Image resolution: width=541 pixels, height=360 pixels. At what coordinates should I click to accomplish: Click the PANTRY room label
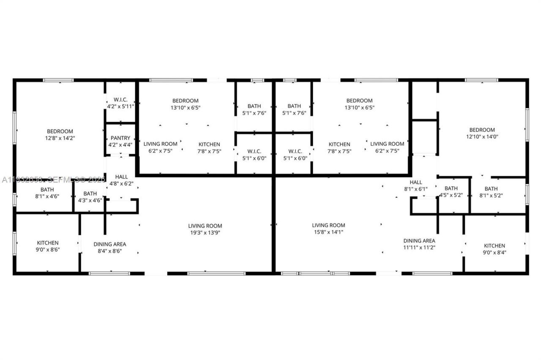click(x=120, y=138)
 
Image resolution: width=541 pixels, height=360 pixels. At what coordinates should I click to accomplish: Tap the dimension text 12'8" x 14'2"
click(x=60, y=138)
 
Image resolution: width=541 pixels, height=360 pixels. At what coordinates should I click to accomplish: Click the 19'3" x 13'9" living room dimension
click(x=205, y=232)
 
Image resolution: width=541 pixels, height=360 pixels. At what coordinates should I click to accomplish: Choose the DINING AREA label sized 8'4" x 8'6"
click(x=110, y=244)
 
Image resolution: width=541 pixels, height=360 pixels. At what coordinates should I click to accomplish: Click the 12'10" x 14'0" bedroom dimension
click(x=482, y=137)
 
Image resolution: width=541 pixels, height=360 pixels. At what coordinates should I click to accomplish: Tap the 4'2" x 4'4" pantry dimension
click(x=120, y=145)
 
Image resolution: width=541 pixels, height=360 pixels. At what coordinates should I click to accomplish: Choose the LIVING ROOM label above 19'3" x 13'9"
click(x=205, y=226)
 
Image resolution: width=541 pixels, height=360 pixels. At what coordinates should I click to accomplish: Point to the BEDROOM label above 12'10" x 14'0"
click(x=482, y=130)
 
